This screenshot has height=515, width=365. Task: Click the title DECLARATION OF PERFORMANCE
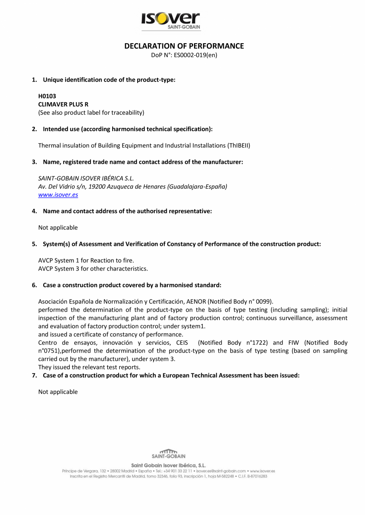pos(184,46)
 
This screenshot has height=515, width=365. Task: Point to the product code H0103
pos(47,96)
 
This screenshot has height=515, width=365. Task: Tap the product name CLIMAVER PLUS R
pos(63,104)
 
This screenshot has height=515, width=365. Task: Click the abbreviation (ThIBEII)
pos(238,145)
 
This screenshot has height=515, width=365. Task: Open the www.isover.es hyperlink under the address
pos(58,195)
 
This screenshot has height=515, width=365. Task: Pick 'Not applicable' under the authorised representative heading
pos(58,227)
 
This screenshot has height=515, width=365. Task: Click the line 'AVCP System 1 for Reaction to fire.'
pos(86,260)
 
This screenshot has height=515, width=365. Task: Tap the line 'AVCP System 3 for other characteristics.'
pos(93,269)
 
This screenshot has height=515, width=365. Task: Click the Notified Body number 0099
pos(264,301)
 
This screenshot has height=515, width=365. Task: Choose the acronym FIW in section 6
pos(290,343)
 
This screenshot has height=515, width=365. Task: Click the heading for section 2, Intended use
pos(128,129)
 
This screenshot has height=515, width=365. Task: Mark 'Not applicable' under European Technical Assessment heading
pos(58,392)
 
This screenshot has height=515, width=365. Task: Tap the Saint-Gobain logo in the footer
pos(169,454)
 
